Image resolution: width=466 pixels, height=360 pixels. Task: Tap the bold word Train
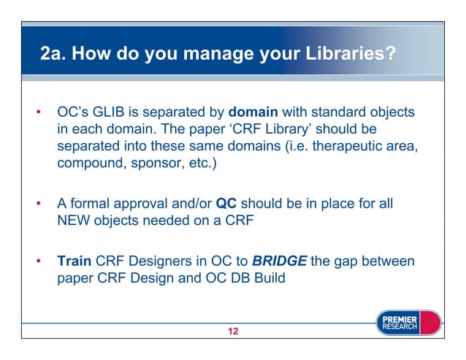74,261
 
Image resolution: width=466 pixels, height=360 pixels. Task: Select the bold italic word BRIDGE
278,261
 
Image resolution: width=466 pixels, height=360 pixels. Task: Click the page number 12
233,332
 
